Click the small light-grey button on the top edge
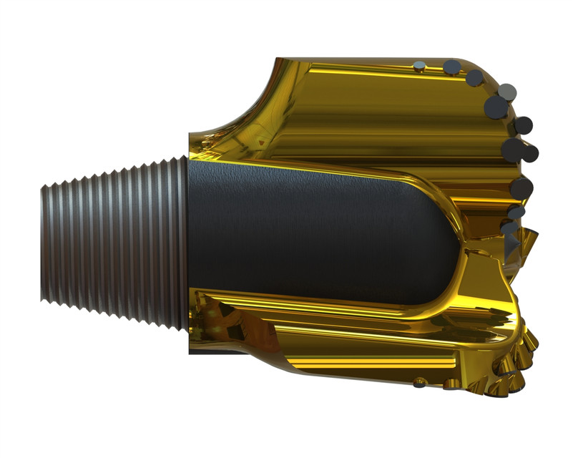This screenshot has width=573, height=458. [x=420, y=67]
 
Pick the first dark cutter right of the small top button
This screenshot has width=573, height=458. [x=452, y=67]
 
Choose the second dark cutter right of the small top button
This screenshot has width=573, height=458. [x=474, y=77]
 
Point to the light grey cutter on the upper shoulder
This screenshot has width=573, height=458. [x=507, y=92]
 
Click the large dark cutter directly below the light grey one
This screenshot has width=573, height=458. [x=496, y=107]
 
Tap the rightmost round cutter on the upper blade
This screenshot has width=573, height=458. [x=529, y=152]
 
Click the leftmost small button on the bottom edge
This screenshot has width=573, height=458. [x=419, y=384]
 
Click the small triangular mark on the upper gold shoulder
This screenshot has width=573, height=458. [x=264, y=144]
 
